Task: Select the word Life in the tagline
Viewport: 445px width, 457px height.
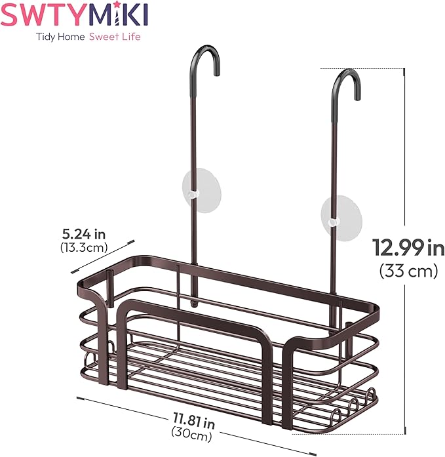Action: (x=130, y=37)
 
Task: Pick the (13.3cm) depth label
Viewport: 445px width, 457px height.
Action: (x=83, y=247)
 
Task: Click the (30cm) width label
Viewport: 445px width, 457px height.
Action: (x=190, y=432)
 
